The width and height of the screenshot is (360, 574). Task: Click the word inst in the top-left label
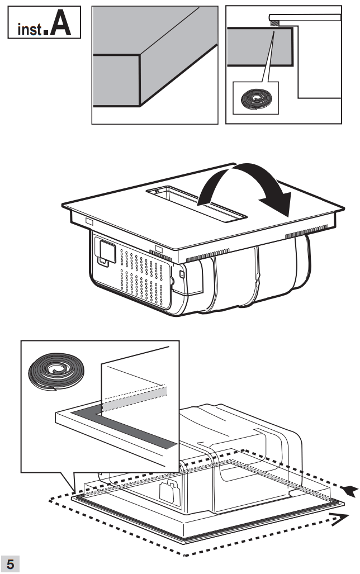pyautogui.click(x=28, y=27)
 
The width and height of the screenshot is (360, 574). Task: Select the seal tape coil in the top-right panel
pyautogui.click(x=255, y=99)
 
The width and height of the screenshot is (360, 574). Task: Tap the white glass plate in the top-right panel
pyautogui.click(x=305, y=16)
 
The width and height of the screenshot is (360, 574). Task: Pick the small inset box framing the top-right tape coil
pyautogui.click(x=255, y=98)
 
